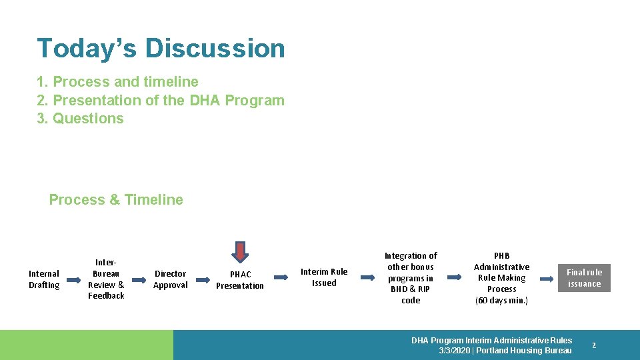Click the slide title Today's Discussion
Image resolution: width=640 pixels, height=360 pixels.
click(161, 48)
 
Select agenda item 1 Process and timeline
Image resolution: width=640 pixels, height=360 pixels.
click(117, 82)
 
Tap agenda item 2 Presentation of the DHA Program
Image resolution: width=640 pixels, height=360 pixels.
click(160, 100)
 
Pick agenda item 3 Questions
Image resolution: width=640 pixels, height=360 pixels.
click(80, 119)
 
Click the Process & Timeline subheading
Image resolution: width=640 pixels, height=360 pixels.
click(116, 200)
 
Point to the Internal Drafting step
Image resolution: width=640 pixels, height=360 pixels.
click(44, 279)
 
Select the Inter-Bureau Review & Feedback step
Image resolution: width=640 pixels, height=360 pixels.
click(106, 279)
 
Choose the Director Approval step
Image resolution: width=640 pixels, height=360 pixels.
click(171, 279)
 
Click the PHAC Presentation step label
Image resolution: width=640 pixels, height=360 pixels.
click(240, 280)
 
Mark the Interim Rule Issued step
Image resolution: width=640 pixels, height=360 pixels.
click(324, 277)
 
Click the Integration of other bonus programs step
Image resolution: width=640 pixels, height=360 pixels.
click(411, 278)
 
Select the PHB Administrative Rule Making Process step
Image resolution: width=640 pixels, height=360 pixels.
click(501, 278)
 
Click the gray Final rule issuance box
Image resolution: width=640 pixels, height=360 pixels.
click(584, 278)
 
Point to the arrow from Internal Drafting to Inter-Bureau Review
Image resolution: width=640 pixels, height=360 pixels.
click(73, 279)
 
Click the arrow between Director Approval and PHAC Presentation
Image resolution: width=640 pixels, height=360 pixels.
click(202, 279)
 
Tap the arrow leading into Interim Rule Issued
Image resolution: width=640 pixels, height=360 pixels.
click(281, 278)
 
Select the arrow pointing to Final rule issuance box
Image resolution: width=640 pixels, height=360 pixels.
click(545, 278)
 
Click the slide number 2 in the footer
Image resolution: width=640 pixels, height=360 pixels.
click(594, 345)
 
